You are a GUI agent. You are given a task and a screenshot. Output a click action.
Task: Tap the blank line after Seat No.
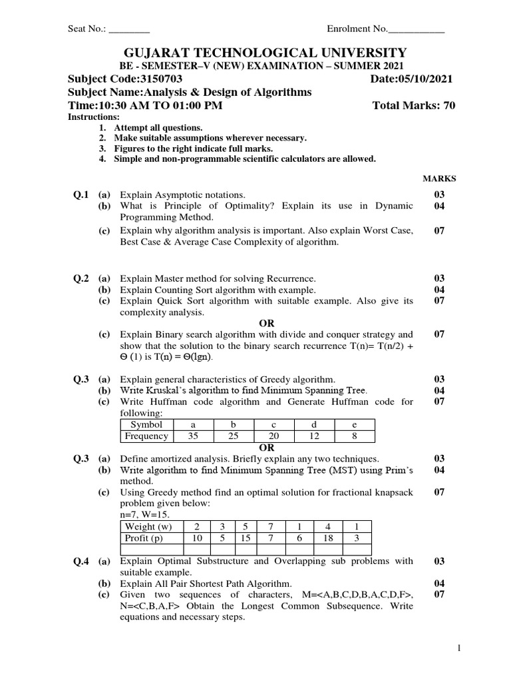coord(129,29)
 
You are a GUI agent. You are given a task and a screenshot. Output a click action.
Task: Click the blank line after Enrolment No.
coord(416,29)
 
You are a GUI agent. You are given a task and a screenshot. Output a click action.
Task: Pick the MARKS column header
coord(440,178)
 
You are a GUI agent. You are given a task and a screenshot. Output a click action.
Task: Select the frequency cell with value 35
coord(193,436)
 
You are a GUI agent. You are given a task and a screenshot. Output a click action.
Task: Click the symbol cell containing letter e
coord(354,424)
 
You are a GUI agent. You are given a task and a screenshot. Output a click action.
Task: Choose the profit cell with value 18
coord(328,537)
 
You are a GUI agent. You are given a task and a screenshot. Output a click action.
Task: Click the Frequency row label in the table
coord(146,436)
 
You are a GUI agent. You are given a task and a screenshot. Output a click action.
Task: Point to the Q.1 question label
coord(81,194)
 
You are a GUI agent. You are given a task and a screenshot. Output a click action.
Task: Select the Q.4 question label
coord(81,561)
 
